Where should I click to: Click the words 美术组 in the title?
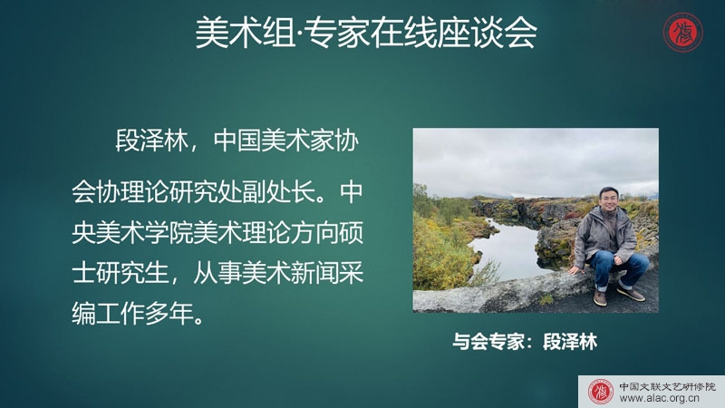245,33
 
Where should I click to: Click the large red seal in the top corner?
683,33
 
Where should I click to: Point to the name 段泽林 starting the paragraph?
151,141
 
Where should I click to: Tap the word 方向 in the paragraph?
314,233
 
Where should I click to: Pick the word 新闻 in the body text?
314,273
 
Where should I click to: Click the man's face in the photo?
608,198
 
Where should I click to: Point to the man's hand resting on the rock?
574,270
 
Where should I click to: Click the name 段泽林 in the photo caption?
570,342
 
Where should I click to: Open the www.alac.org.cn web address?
659,399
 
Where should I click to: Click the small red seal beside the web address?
600,392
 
